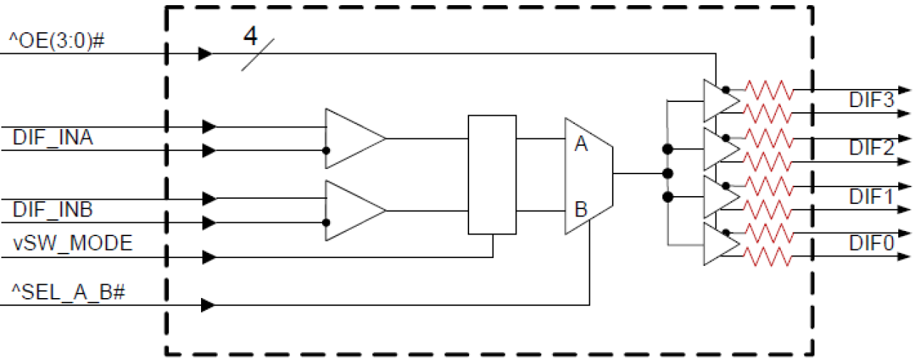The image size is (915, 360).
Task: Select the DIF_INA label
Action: pyautogui.click(x=52, y=137)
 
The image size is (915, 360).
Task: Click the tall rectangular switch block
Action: pyautogui.click(x=492, y=174)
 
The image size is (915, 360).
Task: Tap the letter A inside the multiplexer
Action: pyautogui.click(x=581, y=144)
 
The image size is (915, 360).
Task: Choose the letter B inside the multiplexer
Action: pyautogui.click(x=581, y=210)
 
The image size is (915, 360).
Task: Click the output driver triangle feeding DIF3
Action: pyautogui.click(x=718, y=101)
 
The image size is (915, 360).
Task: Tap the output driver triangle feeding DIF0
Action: pyautogui.click(x=718, y=243)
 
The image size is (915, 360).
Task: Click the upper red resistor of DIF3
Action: pyautogui.click(x=766, y=90)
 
